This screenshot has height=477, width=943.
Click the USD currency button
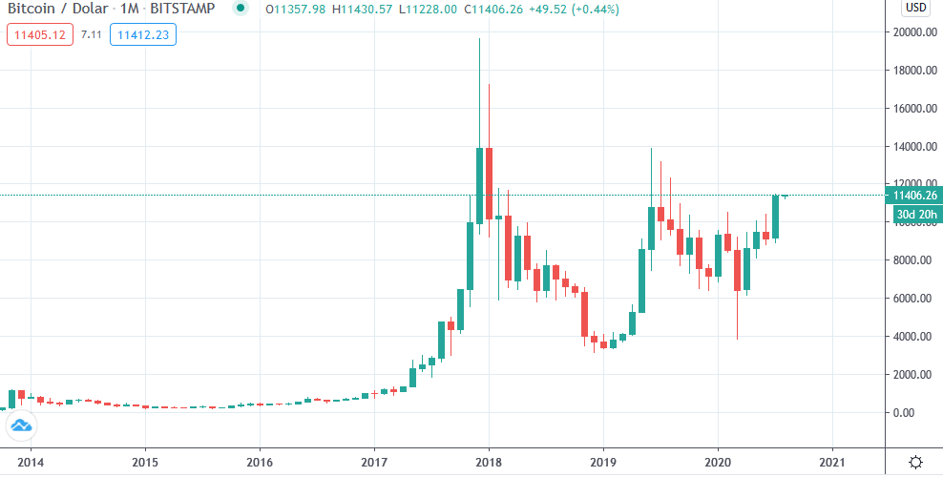[915, 9]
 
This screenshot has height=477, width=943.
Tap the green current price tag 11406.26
[913, 196]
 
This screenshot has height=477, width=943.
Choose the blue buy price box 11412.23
[142, 35]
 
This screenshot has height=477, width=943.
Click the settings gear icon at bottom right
[914, 462]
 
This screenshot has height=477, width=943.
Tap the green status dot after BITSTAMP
[240, 10]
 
